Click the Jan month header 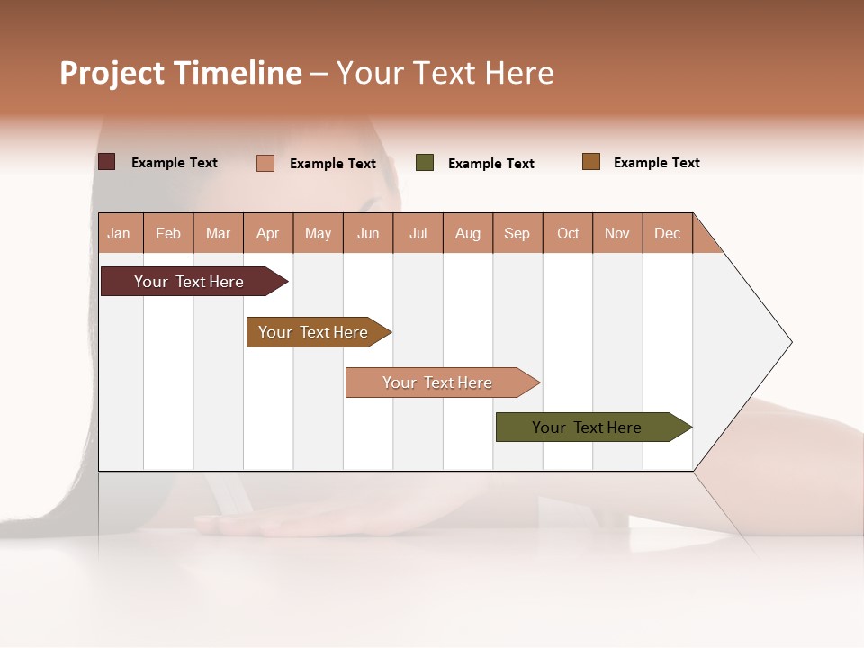pyautogui.click(x=120, y=233)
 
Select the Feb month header pyautogui.click(x=168, y=233)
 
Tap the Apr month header pyautogui.click(x=268, y=233)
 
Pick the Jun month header pyautogui.click(x=368, y=233)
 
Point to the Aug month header pyautogui.click(x=468, y=233)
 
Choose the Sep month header pyautogui.click(x=517, y=233)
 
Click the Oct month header pyautogui.click(x=568, y=233)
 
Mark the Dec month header pyautogui.click(x=668, y=233)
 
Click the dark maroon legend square pyautogui.click(x=107, y=162)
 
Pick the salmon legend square pyautogui.click(x=265, y=163)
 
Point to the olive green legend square pyautogui.click(x=425, y=163)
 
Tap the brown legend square pyautogui.click(x=591, y=162)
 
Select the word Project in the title pyautogui.click(x=112, y=73)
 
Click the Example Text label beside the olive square pyautogui.click(x=491, y=164)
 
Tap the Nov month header pyautogui.click(x=617, y=233)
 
